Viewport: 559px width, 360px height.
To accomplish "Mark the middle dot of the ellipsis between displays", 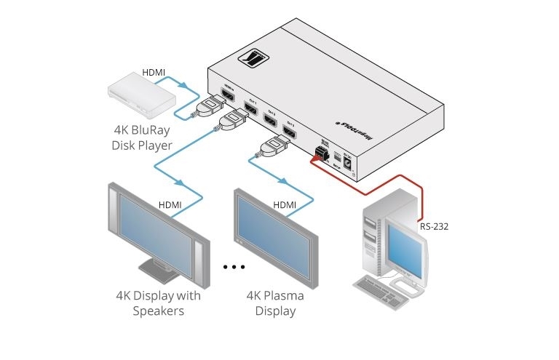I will (x=235, y=268).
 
